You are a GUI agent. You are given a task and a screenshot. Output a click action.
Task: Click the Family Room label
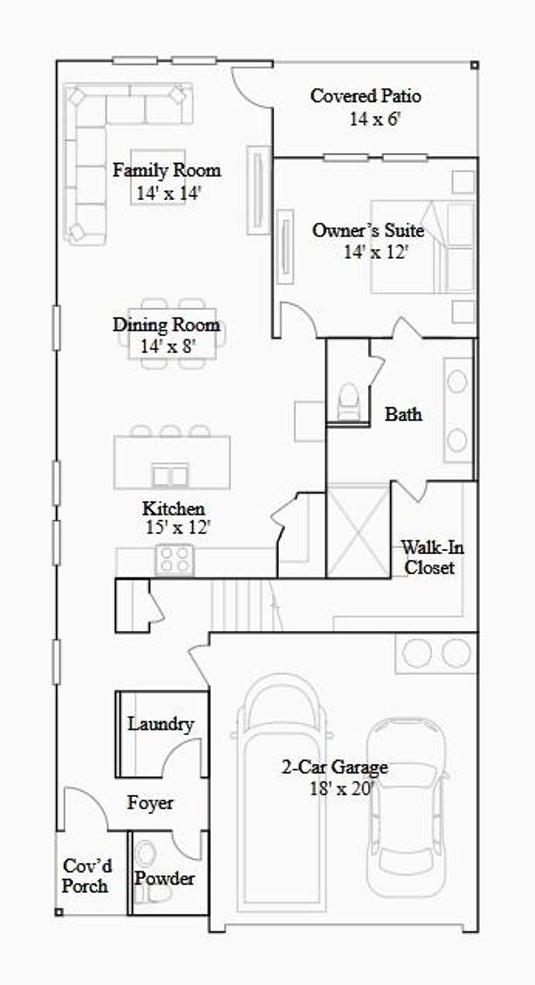click(x=167, y=170)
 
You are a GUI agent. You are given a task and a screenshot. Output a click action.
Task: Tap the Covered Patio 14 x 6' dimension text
click(x=375, y=119)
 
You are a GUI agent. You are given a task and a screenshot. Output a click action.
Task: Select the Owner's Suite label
click(x=368, y=230)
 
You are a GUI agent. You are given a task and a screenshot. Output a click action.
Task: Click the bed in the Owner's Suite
click(x=422, y=247)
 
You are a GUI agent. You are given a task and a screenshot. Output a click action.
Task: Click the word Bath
click(x=403, y=414)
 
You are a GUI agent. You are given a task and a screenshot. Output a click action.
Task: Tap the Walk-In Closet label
click(x=432, y=558)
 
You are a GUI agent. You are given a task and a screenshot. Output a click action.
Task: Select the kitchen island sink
click(x=170, y=475)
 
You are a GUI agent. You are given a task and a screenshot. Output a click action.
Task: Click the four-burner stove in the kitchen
click(x=175, y=559)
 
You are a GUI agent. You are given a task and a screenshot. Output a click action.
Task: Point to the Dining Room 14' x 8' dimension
click(x=168, y=346)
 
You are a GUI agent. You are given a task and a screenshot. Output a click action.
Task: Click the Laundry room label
click(x=161, y=724)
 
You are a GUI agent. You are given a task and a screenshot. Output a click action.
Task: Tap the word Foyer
click(x=150, y=803)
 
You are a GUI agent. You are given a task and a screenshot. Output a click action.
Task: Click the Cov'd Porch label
click(x=87, y=876)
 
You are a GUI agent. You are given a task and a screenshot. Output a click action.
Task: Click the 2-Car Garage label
click(x=335, y=767)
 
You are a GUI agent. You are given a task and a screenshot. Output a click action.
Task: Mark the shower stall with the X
click(x=358, y=530)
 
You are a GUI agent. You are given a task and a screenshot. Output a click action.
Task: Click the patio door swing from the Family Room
click(x=251, y=89)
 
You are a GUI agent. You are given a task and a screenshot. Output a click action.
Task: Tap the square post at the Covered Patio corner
click(x=474, y=65)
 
